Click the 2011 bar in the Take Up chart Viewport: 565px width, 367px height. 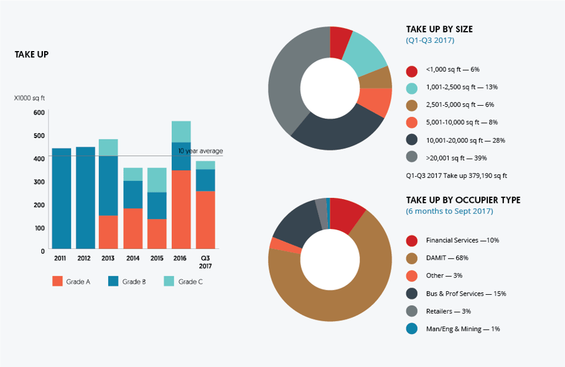click(62, 198)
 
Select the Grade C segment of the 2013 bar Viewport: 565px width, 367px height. click(108, 147)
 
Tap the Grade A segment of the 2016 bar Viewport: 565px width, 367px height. click(181, 209)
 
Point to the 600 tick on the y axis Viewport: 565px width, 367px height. click(39, 113)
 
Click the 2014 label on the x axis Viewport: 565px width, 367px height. click(133, 258)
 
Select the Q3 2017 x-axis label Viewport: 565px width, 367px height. click(205, 262)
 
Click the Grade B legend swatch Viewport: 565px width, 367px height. click(113, 281)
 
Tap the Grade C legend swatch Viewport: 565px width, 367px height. click(169, 281)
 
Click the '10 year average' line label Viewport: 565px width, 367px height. click(200, 151)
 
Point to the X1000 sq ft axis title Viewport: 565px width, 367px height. click(30, 98)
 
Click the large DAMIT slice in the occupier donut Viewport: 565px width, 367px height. click(336, 292)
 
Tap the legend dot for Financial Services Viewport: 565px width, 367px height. click(411, 241)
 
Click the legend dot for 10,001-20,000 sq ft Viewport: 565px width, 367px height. click(411, 141)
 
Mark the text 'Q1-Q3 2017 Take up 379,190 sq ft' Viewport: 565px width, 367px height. click(456, 176)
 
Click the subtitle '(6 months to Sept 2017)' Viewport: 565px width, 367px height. click(449, 211)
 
